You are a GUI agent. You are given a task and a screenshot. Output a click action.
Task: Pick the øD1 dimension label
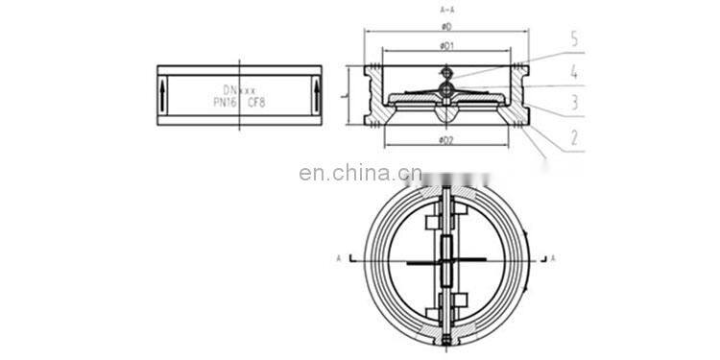tap(445, 45)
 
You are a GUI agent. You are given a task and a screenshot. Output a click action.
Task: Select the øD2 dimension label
tap(445, 141)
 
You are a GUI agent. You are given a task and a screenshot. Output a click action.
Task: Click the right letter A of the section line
tap(554, 258)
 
